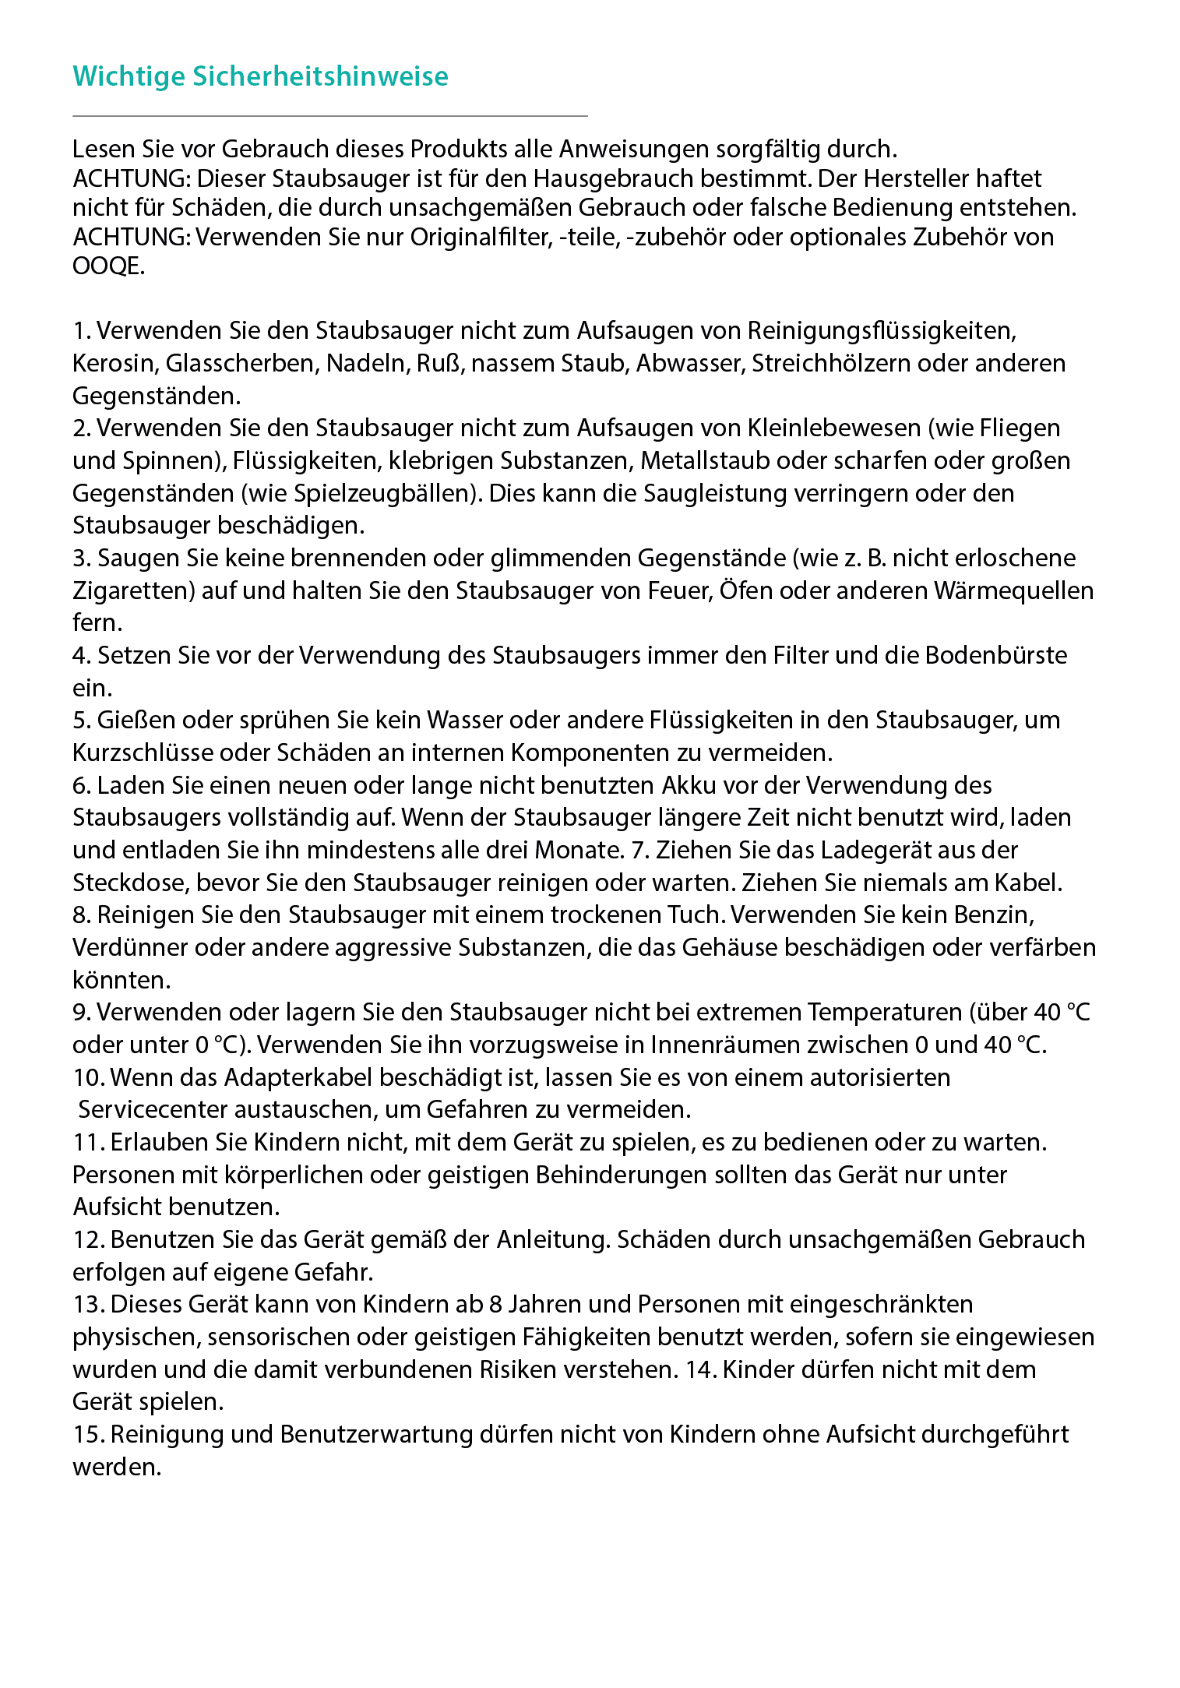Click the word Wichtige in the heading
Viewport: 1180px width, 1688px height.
(129, 76)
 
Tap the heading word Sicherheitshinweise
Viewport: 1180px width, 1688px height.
(320, 76)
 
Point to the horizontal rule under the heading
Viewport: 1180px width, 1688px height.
(329, 116)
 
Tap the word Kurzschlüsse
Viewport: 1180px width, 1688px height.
(143, 753)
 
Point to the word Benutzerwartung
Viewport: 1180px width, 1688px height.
(376, 1435)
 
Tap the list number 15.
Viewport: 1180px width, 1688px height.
(87, 1435)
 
